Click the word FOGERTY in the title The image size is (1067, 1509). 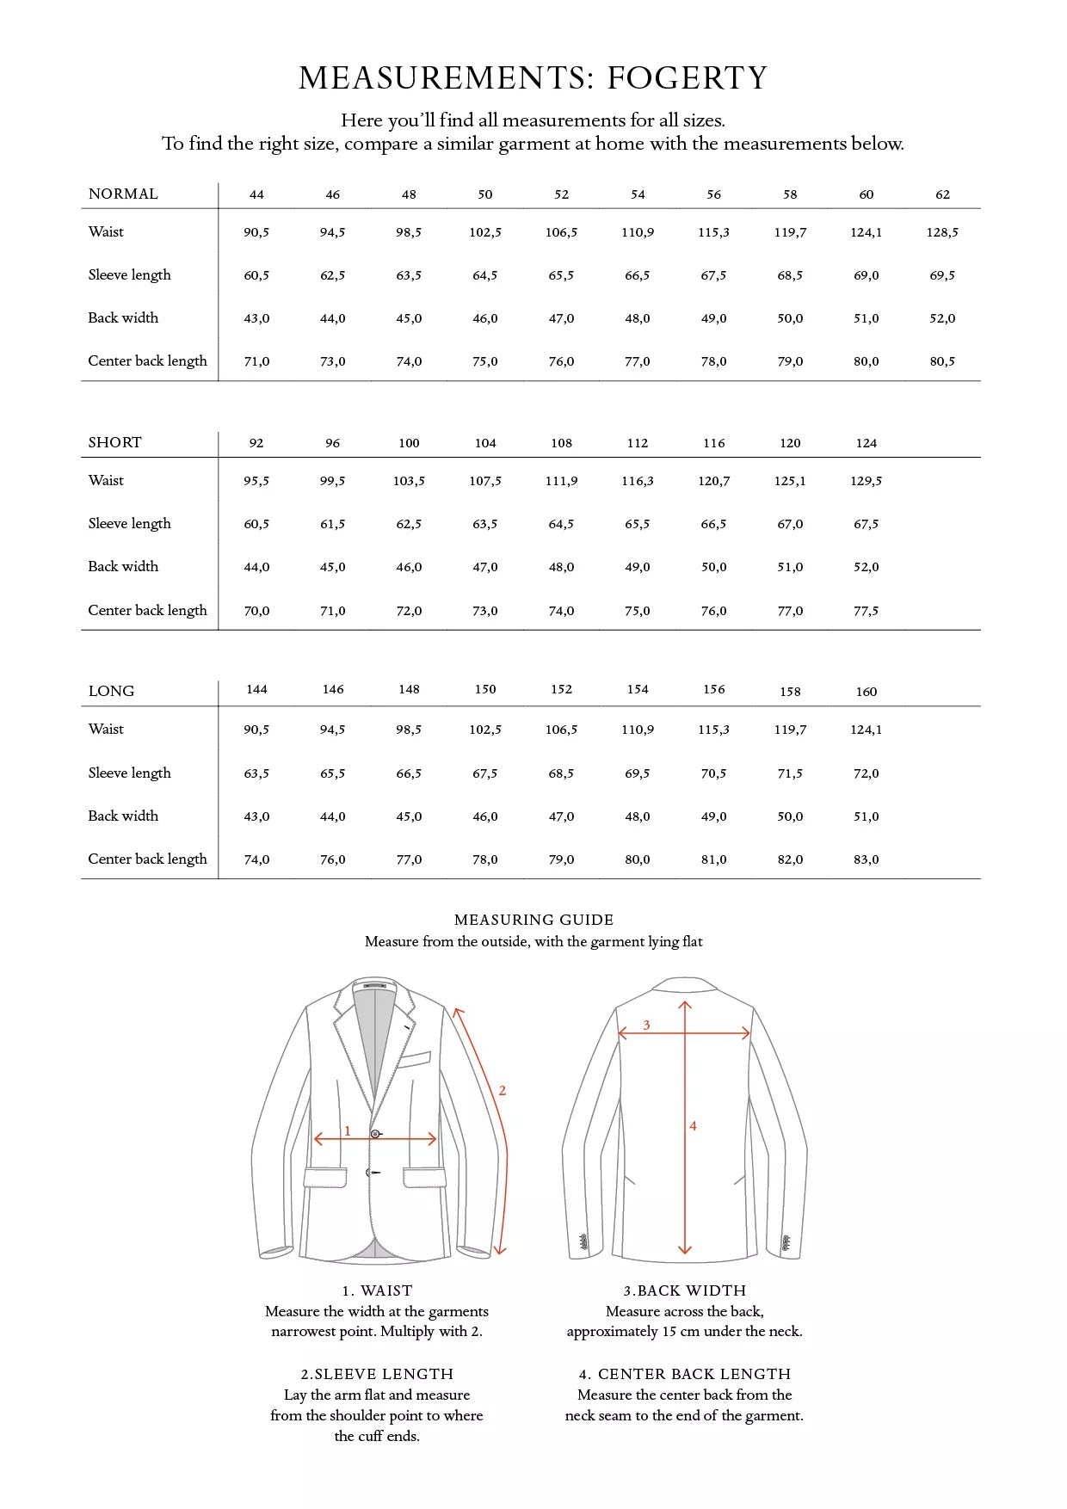687,78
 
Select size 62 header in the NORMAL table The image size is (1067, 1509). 942,194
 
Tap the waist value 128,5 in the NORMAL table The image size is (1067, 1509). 942,232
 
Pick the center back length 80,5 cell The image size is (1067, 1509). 942,361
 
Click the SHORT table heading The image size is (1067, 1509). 114,442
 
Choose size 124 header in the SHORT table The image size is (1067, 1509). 866,443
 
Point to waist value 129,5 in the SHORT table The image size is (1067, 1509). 866,481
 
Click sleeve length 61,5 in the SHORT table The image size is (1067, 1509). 332,524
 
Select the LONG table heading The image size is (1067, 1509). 111,691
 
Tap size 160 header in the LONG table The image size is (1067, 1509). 866,692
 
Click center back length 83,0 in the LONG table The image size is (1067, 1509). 866,859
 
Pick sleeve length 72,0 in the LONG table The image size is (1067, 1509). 866,773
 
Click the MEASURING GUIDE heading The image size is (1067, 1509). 533,920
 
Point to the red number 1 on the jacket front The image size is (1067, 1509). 347,1130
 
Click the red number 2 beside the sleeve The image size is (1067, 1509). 503,1091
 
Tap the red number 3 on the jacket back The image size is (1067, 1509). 646,1025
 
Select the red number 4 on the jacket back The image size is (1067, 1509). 693,1125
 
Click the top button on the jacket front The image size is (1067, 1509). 375,1134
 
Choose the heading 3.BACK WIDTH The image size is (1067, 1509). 684,1290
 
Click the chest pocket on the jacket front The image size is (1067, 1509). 414,1060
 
